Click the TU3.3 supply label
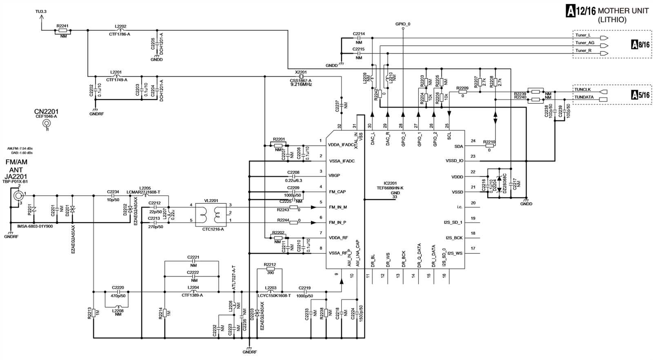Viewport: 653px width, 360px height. [x=41, y=11]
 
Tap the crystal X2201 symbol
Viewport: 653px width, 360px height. [x=301, y=76]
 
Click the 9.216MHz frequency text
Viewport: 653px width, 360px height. [x=301, y=84]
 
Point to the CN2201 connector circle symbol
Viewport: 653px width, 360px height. [x=47, y=124]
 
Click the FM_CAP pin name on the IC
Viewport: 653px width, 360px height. [x=337, y=192]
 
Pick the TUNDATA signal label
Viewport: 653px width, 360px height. [x=584, y=97]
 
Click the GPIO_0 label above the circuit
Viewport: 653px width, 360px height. [x=403, y=24]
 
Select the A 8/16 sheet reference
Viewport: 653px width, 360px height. [x=640, y=44]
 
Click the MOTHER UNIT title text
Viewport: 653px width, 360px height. [x=623, y=11]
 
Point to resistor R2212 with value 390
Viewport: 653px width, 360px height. [x=270, y=268]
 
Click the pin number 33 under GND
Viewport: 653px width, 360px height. [x=394, y=197]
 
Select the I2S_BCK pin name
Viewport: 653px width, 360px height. [x=453, y=238]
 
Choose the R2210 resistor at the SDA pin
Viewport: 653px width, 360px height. [x=489, y=146]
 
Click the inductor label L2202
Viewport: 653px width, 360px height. [x=120, y=26]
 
